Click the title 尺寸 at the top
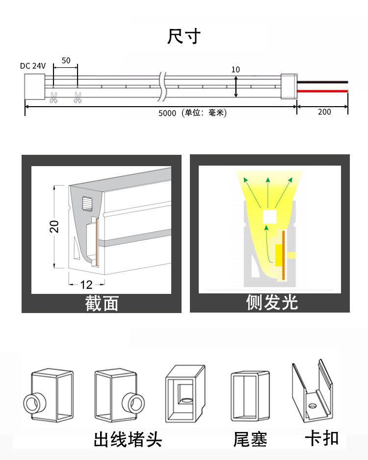tap(184, 36)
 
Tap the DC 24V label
tap(33, 66)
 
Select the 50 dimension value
tap(66, 60)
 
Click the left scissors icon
tap(53, 97)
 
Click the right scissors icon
tap(78, 97)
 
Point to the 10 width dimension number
tap(236, 69)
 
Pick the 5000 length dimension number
tap(167, 113)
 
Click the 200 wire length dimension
tap(324, 112)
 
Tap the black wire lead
tap(322, 82)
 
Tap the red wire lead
tap(322, 91)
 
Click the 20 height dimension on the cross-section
tap(54, 226)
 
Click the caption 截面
tap(102, 303)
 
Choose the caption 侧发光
tap(272, 302)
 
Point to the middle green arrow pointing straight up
tap(267, 193)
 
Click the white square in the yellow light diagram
tap(269, 217)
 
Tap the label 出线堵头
tap(128, 439)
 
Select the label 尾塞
tap(250, 439)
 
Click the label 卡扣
tap(322, 438)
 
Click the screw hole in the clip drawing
tap(313, 406)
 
